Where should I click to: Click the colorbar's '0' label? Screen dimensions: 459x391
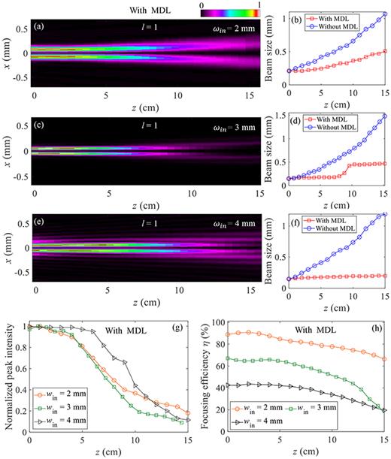tap(203, 5)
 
